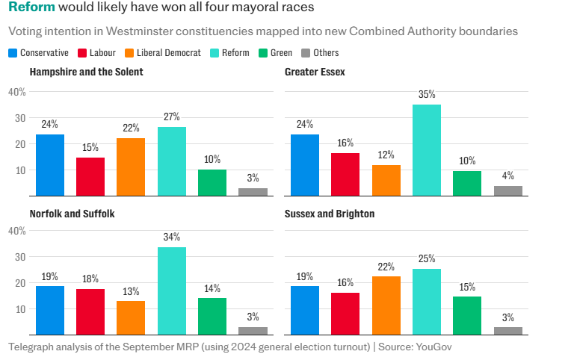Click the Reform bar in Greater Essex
(427, 150)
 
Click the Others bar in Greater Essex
(508, 190)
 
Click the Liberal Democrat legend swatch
(129, 53)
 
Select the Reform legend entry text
(235, 53)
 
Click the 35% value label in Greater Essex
(427, 95)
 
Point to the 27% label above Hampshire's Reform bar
(172, 117)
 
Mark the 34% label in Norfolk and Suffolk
(172, 238)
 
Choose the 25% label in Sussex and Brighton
(427, 259)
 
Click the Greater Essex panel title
(315, 72)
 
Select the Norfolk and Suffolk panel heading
(72, 214)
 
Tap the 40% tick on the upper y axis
(17, 92)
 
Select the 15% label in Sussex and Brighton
(467, 287)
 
